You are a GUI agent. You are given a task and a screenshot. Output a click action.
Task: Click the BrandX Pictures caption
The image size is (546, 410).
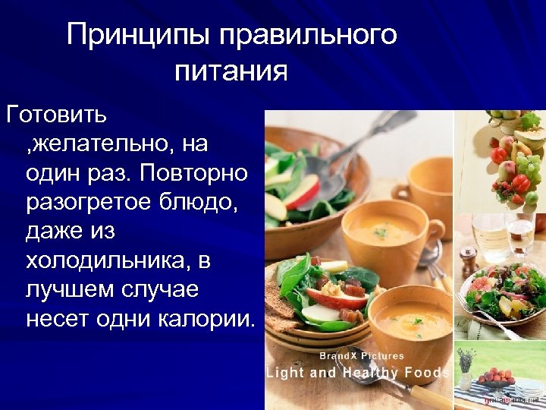click(x=362, y=355)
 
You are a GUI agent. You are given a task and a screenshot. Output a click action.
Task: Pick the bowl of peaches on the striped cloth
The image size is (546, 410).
click(x=497, y=377)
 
